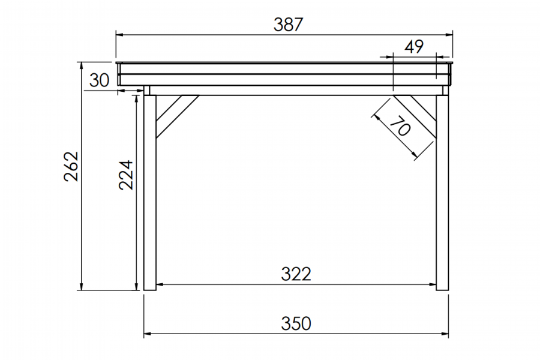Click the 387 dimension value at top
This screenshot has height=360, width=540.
point(289,25)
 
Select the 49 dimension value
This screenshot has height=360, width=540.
point(414,47)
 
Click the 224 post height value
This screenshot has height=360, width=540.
point(125,175)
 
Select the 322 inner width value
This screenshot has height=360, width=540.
point(296,274)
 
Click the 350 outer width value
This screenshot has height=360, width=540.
point(296,323)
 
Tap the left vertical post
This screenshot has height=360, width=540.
point(150,192)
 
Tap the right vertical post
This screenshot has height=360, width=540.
point(443,192)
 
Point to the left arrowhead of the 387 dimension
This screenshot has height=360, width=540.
point(119,35)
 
